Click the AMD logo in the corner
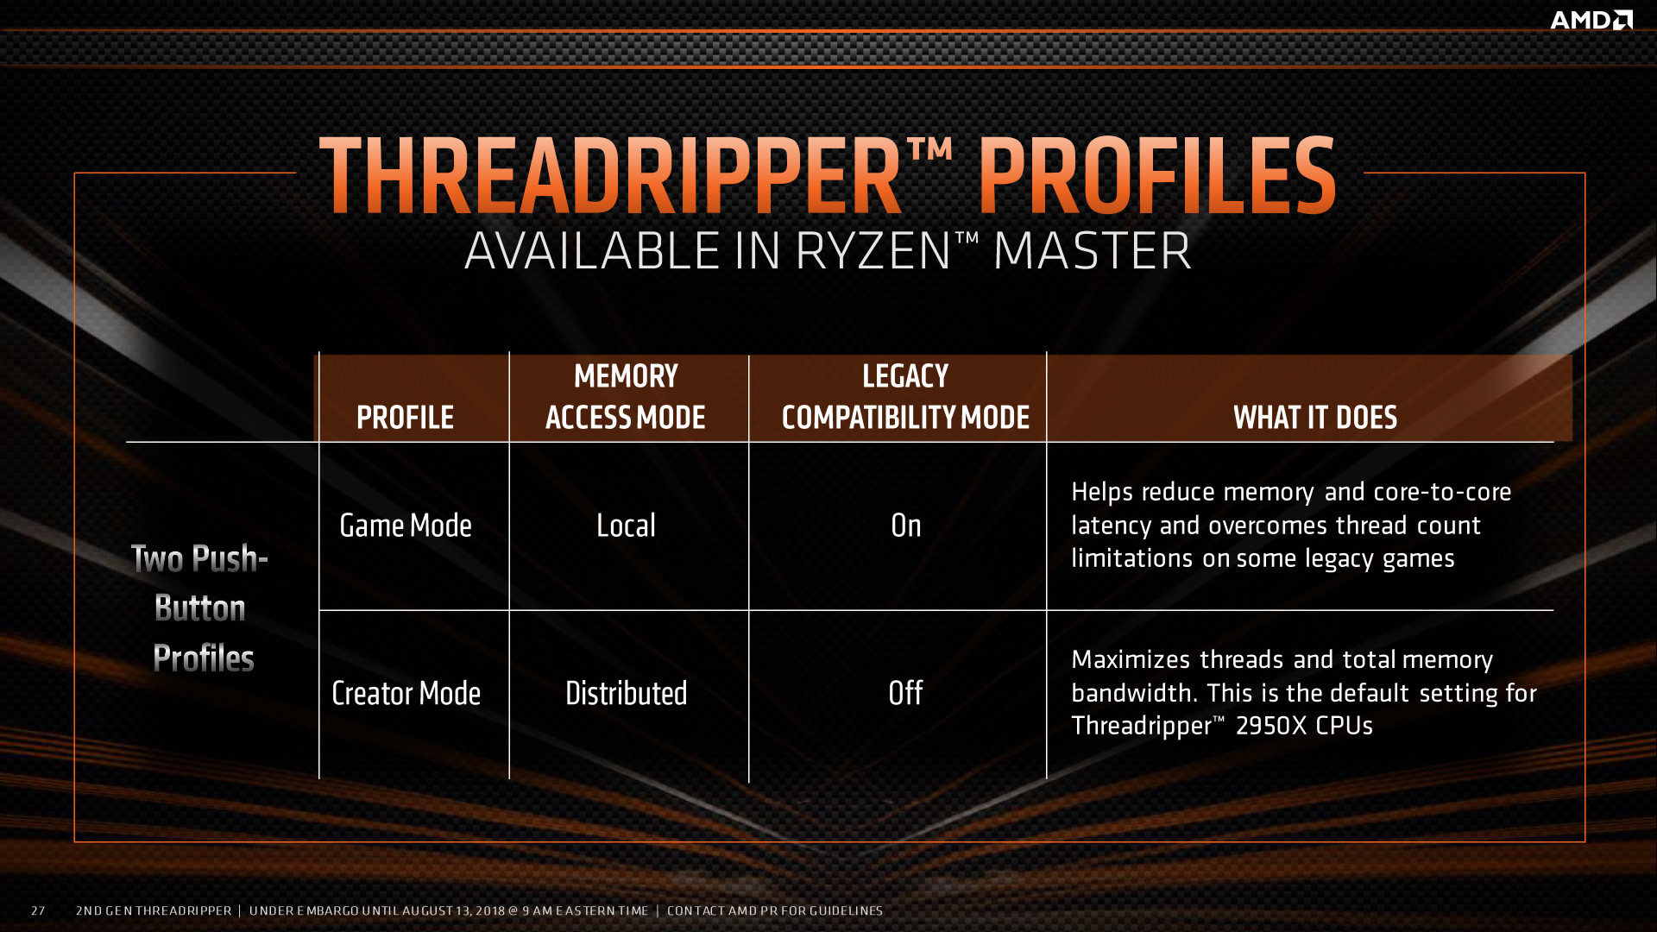[1591, 20]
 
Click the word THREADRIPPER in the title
[611, 176]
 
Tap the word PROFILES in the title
[1157, 176]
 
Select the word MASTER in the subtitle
[1093, 251]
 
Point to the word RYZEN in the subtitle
[873, 251]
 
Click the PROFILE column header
[405, 418]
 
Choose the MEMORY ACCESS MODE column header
[626, 397]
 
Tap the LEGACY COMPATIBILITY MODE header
[905, 397]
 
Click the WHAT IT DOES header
[1315, 418]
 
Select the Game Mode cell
[406, 526]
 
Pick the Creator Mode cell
[406, 693]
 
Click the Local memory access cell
[626, 526]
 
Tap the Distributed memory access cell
[626, 693]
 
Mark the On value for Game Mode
[905, 526]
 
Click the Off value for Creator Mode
[905, 693]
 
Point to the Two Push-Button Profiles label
[201, 608]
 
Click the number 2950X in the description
[1271, 726]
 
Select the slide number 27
[38, 910]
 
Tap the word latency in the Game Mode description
[1112, 526]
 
